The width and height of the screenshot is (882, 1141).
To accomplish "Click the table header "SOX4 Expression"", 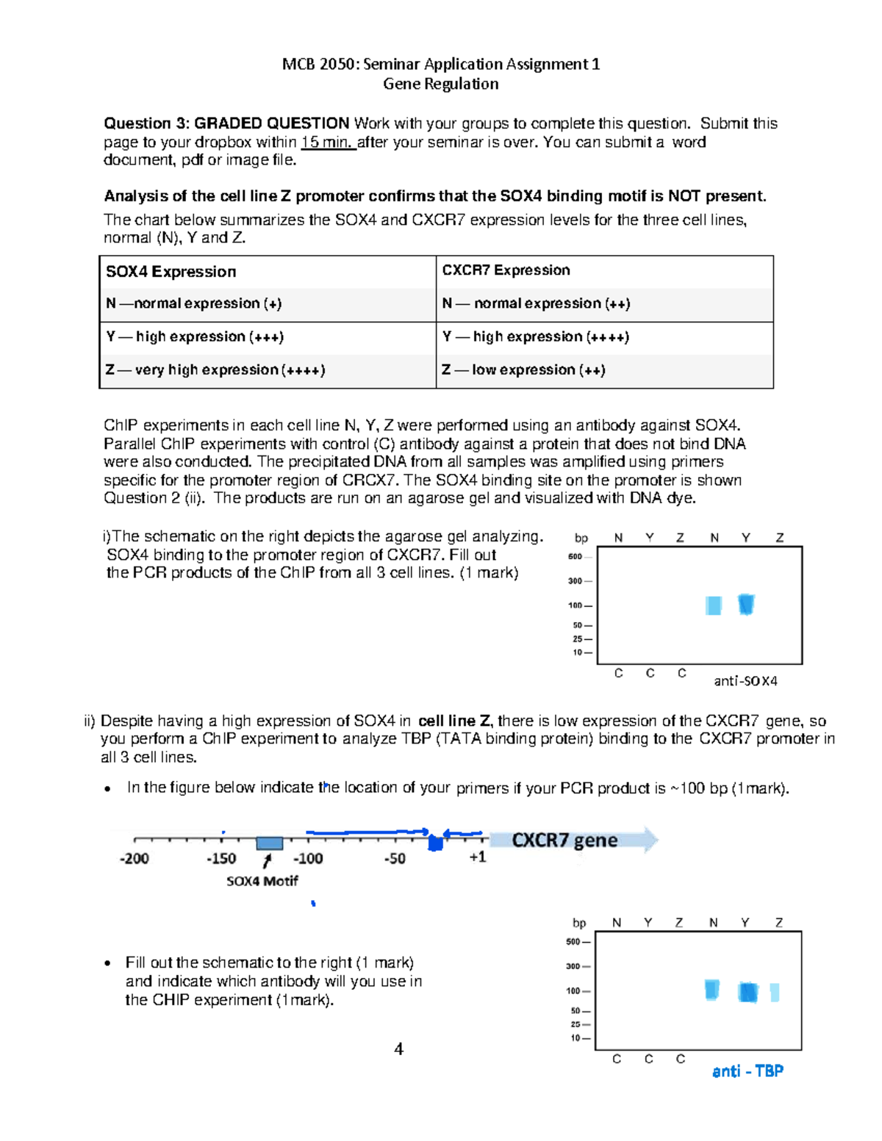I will (x=171, y=272).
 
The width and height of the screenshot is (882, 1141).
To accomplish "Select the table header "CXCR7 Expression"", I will (x=506, y=270).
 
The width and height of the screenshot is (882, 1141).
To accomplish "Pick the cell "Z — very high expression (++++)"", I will (x=215, y=370).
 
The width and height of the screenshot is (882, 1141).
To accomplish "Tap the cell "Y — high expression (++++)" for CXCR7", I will (x=535, y=336).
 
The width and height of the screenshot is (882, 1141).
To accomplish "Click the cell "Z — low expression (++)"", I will (x=523, y=370).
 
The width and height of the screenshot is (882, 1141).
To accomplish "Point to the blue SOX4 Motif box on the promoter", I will (x=269, y=843).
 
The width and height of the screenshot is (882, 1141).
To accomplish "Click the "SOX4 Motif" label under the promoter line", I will (x=262, y=881).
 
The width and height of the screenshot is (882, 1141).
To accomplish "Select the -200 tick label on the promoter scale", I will (x=134, y=858).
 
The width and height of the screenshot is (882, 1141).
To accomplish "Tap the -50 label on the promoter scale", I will (x=395, y=858).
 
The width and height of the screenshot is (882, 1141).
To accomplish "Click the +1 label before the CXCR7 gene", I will (x=478, y=857).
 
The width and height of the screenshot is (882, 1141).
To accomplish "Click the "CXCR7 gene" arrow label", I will (x=564, y=841).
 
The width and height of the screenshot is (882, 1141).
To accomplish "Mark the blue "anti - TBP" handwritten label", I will (x=747, y=1071).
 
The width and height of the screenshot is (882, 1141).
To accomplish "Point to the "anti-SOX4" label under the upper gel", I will (x=745, y=681).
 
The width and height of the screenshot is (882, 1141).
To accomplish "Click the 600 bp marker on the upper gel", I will (x=575, y=557).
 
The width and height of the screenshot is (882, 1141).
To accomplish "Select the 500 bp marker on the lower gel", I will (x=573, y=942).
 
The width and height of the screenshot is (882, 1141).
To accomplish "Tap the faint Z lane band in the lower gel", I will (x=775, y=993).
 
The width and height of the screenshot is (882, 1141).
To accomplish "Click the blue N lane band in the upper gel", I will (x=713, y=605).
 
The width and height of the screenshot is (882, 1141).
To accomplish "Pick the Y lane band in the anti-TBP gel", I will (x=747, y=992).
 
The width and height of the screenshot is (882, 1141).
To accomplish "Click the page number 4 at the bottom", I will (x=398, y=1049).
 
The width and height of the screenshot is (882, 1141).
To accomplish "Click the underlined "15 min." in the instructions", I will (x=328, y=143).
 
